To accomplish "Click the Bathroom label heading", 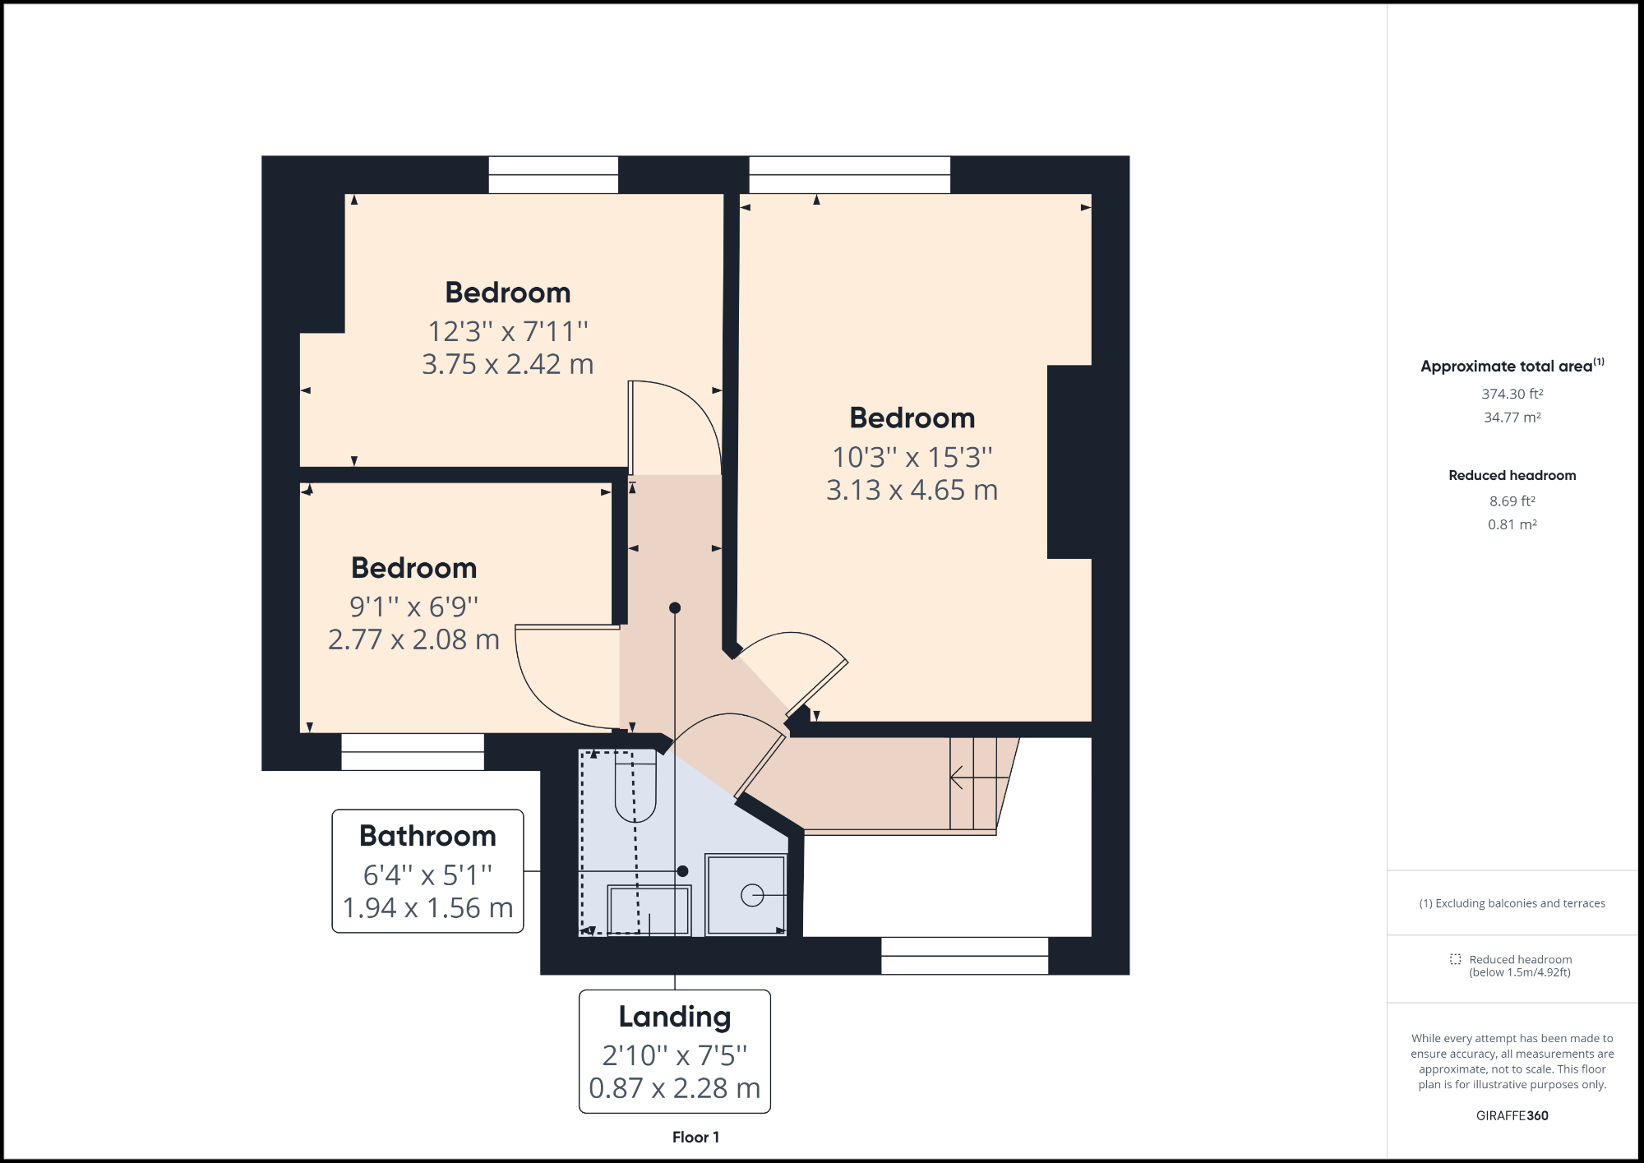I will (x=427, y=836).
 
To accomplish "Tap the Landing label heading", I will (x=674, y=1017).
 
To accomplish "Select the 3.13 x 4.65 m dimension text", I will (x=912, y=491).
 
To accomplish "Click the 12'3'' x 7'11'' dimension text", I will (x=508, y=332).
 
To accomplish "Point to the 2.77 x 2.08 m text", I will (x=413, y=639).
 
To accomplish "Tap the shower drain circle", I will (x=751, y=896).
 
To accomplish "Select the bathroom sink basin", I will (x=649, y=910).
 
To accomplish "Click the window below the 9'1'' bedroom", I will (x=413, y=751).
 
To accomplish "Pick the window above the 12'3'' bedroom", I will (x=553, y=175).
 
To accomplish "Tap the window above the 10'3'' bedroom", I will (x=849, y=175).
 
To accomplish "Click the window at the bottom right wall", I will (x=964, y=956).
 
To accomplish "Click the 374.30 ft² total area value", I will (x=1512, y=395).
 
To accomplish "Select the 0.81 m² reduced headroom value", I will (x=1512, y=524).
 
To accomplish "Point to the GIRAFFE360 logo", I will (x=1512, y=1115).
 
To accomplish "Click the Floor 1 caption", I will (x=695, y=1138).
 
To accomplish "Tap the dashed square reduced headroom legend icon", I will (x=1455, y=959).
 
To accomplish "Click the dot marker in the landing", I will (x=675, y=608).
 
